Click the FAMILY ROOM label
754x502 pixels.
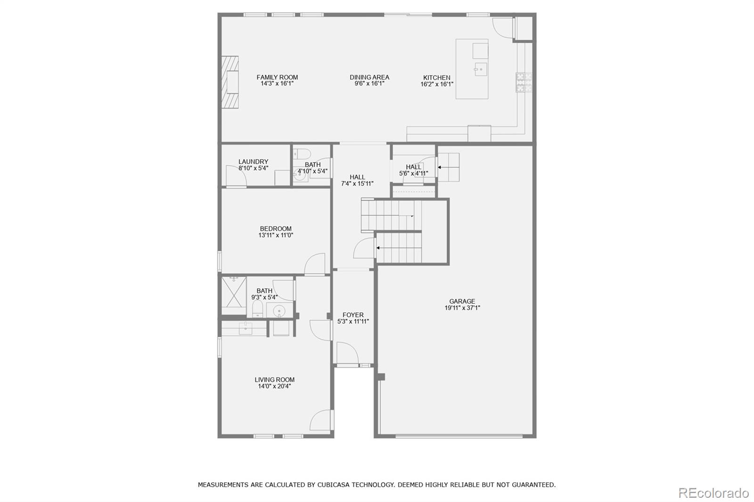pyautogui.click(x=277, y=77)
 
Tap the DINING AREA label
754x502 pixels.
pyautogui.click(x=369, y=77)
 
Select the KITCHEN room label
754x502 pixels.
pyautogui.click(x=436, y=78)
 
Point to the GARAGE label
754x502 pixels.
pyautogui.click(x=462, y=301)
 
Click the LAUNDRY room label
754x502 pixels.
pyautogui.click(x=253, y=162)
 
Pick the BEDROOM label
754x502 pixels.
pyautogui.click(x=276, y=229)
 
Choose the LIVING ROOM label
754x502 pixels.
pyautogui.click(x=274, y=380)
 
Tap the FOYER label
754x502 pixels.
pyautogui.click(x=353, y=315)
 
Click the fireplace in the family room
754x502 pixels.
pyautogui.click(x=230, y=83)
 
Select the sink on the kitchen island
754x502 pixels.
pyautogui.click(x=480, y=69)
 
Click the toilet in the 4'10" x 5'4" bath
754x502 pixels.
pyautogui.click(x=302, y=154)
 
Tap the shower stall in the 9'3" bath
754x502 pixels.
pyautogui.click(x=234, y=295)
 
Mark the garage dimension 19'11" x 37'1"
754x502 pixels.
pyautogui.click(x=462, y=308)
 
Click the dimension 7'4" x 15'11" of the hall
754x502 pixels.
pyautogui.click(x=357, y=184)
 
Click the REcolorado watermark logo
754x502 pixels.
pyautogui.click(x=713, y=493)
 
